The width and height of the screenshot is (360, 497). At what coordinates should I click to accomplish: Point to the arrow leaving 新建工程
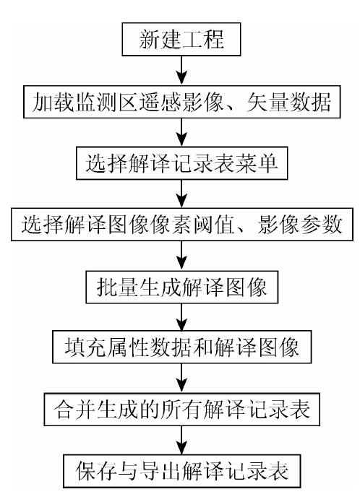(181, 70)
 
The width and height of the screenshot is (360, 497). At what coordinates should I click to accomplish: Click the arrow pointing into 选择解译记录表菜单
(181, 132)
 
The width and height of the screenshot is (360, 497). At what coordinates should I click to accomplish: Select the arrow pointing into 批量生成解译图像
(181, 256)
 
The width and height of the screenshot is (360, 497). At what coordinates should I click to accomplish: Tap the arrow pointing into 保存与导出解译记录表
(181, 440)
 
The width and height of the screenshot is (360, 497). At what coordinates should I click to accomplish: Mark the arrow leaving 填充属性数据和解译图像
(181, 378)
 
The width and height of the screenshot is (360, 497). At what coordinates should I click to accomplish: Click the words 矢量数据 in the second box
(288, 102)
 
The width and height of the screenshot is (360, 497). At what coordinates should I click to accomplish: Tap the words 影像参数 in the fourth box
(300, 225)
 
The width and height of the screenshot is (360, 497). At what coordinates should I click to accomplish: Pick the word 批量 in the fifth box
(117, 288)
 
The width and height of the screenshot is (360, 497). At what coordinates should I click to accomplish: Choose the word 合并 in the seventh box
(75, 409)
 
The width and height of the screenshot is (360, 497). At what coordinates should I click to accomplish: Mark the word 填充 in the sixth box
(85, 347)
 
